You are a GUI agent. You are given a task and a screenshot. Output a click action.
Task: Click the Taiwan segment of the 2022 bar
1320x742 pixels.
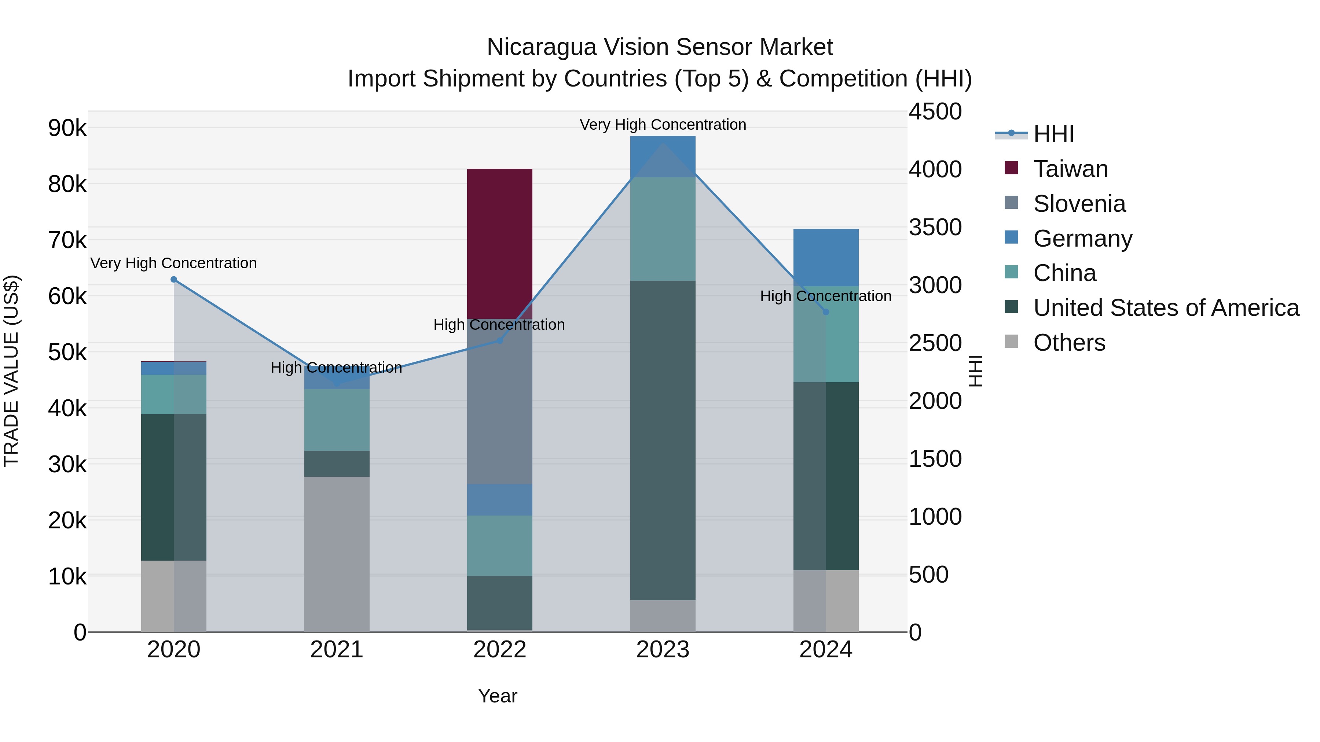click(x=500, y=243)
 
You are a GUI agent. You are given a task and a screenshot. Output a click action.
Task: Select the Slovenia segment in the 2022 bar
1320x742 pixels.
click(x=500, y=402)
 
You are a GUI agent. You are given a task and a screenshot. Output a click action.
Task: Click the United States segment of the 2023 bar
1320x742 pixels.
click(x=663, y=440)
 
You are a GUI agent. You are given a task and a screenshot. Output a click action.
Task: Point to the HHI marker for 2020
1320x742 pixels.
click(x=174, y=280)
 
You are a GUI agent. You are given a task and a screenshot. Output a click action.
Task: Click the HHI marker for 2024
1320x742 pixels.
click(x=825, y=312)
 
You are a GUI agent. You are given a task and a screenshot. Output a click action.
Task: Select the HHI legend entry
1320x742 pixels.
click(x=1053, y=134)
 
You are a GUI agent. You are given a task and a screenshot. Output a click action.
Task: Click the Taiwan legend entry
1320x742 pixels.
click(x=1070, y=169)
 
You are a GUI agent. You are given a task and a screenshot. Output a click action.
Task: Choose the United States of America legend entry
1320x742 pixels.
click(x=1166, y=308)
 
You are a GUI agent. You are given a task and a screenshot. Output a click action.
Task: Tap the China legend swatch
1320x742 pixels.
click(x=1012, y=272)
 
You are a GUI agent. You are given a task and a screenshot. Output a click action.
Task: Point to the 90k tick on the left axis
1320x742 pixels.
click(x=67, y=128)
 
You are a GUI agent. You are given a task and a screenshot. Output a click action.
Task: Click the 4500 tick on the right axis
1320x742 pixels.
click(x=935, y=112)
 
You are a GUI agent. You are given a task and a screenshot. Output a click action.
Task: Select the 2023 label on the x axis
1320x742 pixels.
click(x=663, y=650)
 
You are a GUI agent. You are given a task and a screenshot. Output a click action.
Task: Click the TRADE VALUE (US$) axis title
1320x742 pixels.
click(x=11, y=371)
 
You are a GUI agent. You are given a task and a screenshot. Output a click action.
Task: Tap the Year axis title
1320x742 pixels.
click(x=498, y=696)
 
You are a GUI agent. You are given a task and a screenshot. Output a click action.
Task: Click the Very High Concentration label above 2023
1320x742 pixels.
click(x=663, y=125)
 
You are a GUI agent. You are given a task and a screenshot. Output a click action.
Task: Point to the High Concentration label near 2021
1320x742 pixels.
click(x=336, y=368)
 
